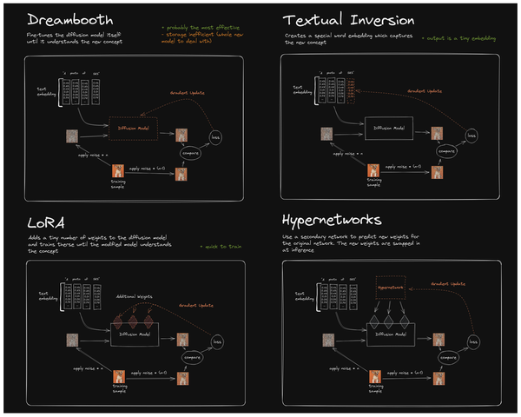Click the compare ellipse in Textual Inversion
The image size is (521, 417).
coord(449,150)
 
